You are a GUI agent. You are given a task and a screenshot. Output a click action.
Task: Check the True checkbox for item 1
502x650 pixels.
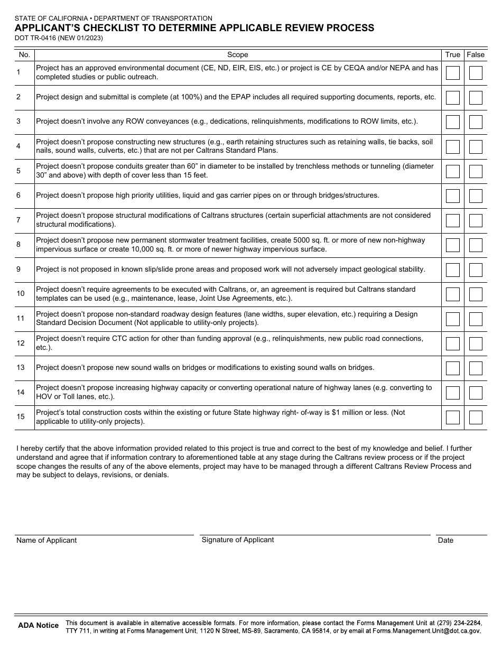point(452,72)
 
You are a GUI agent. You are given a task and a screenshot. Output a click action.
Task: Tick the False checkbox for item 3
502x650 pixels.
point(476,122)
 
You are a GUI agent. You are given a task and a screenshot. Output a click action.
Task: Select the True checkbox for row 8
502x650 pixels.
point(452,245)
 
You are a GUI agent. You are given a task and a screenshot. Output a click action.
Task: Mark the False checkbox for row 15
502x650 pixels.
point(476,417)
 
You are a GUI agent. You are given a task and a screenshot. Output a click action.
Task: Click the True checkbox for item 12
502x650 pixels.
point(452,343)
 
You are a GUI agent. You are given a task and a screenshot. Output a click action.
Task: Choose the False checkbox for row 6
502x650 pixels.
point(476,196)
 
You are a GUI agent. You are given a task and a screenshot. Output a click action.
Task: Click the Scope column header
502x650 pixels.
point(237,55)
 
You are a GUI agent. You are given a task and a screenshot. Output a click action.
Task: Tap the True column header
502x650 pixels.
point(452,55)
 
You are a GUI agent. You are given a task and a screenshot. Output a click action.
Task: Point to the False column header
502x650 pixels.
point(476,55)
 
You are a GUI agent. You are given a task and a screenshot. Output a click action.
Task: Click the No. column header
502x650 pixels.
point(24,55)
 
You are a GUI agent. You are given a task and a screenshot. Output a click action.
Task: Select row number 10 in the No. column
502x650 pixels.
point(21,294)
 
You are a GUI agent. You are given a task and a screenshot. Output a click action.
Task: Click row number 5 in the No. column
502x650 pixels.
point(18,171)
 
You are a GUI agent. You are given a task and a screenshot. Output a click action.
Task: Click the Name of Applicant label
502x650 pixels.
point(47,540)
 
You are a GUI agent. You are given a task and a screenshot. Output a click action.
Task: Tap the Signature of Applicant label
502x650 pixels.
point(238,540)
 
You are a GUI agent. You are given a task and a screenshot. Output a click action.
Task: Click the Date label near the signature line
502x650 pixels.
point(445,540)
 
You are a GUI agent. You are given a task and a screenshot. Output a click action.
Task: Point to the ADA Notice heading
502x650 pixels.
point(39,626)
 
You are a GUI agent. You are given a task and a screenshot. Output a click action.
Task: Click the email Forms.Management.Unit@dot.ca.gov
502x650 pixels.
point(426,631)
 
